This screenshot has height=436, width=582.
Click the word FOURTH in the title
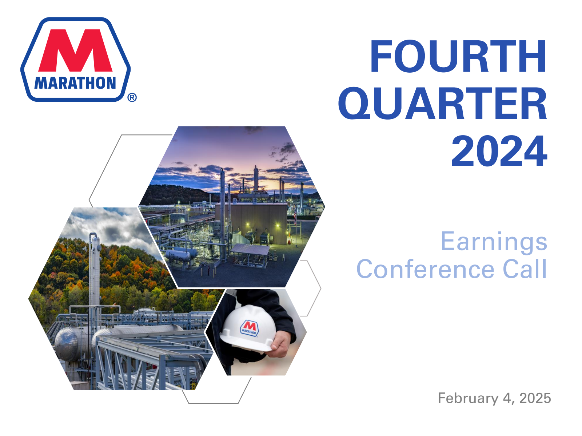pyautogui.click(x=458, y=57)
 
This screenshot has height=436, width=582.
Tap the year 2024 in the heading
pyautogui.click(x=499, y=151)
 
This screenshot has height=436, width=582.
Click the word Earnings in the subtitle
pyautogui.click(x=494, y=242)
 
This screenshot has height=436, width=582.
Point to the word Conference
pyautogui.click(x=425, y=269)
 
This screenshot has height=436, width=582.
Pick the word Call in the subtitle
pyautogui.click(x=525, y=269)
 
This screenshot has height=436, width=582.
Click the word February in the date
pyautogui.click(x=468, y=398)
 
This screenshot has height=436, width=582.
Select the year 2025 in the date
pyautogui.click(x=535, y=398)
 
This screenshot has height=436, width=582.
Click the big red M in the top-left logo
pyautogui.click(x=76, y=51)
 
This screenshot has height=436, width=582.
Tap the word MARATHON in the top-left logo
pyautogui.click(x=75, y=83)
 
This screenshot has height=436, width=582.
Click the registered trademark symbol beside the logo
pyautogui.click(x=132, y=97)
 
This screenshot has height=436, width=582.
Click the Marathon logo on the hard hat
pyautogui.click(x=250, y=328)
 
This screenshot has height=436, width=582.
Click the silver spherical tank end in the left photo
pyautogui.click(x=66, y=343)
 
